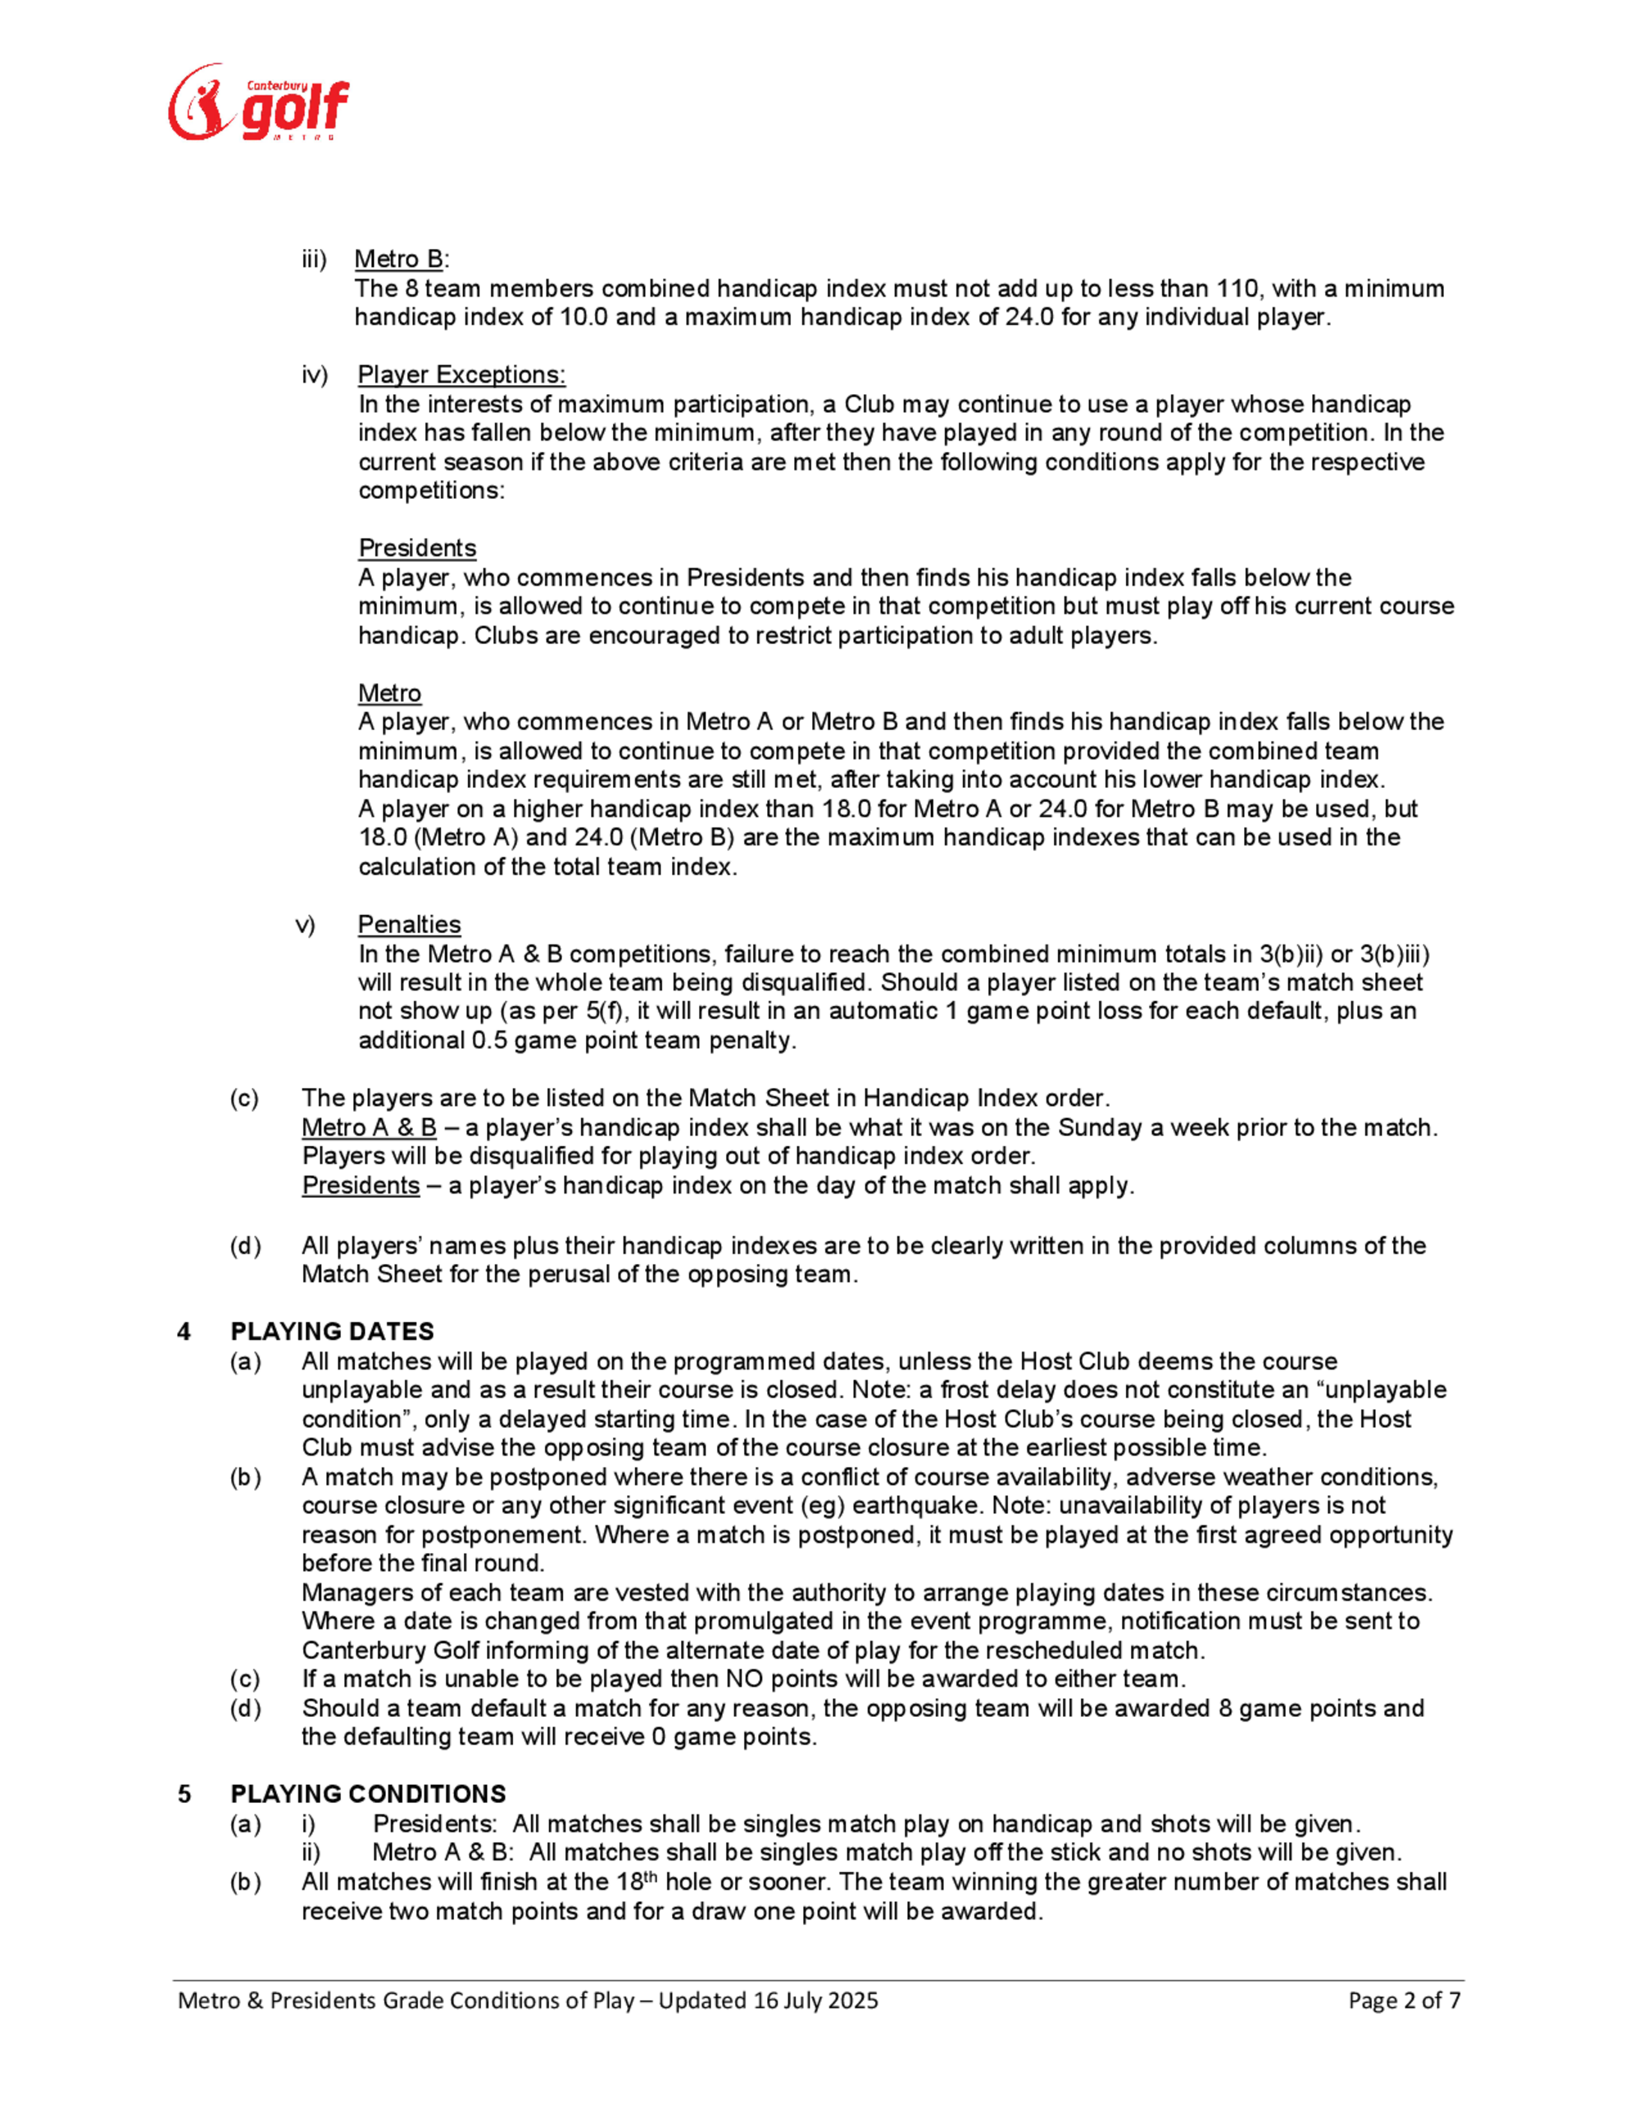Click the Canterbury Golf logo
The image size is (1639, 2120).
258,103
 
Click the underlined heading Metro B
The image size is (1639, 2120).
399,259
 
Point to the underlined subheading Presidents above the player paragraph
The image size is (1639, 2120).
416,549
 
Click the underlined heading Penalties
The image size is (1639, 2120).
409,924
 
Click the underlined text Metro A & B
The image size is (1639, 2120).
369,1127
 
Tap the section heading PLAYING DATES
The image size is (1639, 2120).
332,1331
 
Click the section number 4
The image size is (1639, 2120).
184,1331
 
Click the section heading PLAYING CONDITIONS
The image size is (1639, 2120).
368,1793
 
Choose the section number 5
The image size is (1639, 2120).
184,1793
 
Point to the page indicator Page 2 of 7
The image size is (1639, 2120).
1404,2000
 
